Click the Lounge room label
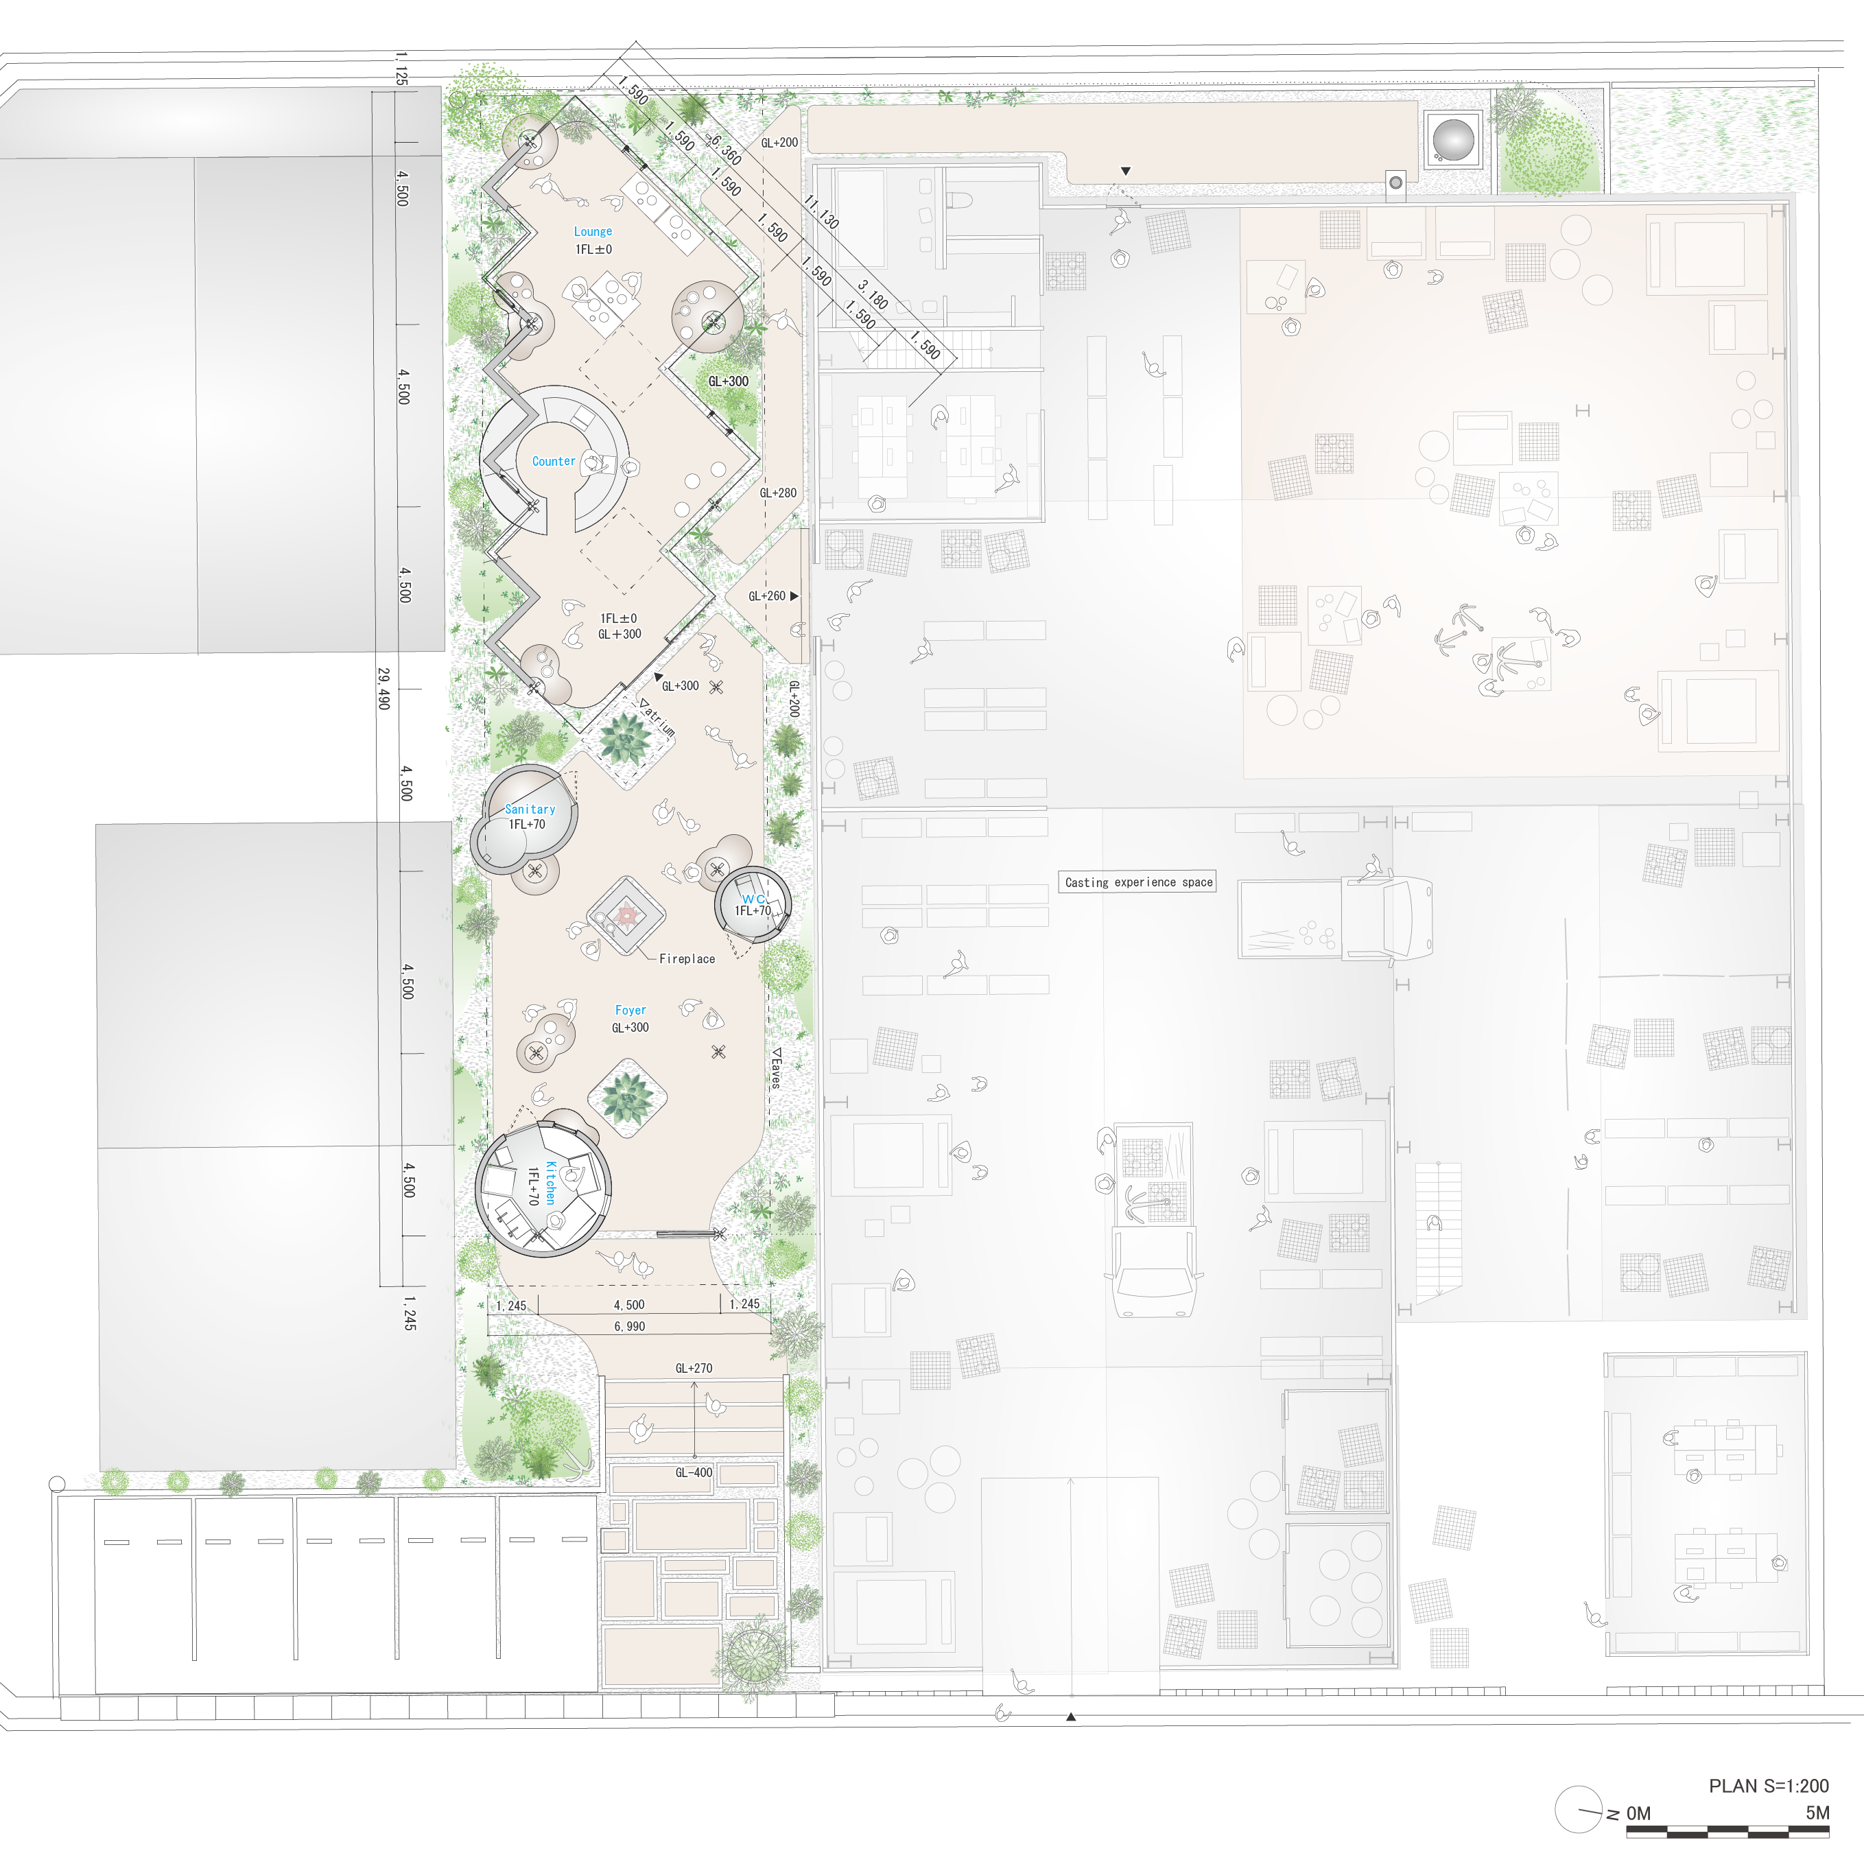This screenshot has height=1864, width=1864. (592, 232)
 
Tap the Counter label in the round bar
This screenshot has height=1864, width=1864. (554, 461)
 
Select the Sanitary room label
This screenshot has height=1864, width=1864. (530, 808)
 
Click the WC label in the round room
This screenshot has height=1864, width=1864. (753, 898)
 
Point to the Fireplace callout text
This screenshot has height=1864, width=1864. (687, 958)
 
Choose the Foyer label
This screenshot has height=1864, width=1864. (630, 1010)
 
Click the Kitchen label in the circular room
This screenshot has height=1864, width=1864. (551, 1182)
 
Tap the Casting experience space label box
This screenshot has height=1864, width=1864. (1138, 882)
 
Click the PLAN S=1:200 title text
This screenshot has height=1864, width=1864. (1769, 1786)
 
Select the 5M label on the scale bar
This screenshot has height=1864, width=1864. (1817, 1813)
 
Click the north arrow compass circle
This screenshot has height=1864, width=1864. (1579, 1810)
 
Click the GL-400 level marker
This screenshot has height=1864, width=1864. (693, 1472)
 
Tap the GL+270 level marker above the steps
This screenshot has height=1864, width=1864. (694, 1368)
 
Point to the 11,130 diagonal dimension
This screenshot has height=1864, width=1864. (821, 211)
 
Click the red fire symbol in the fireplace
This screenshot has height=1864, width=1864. (626, 912)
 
